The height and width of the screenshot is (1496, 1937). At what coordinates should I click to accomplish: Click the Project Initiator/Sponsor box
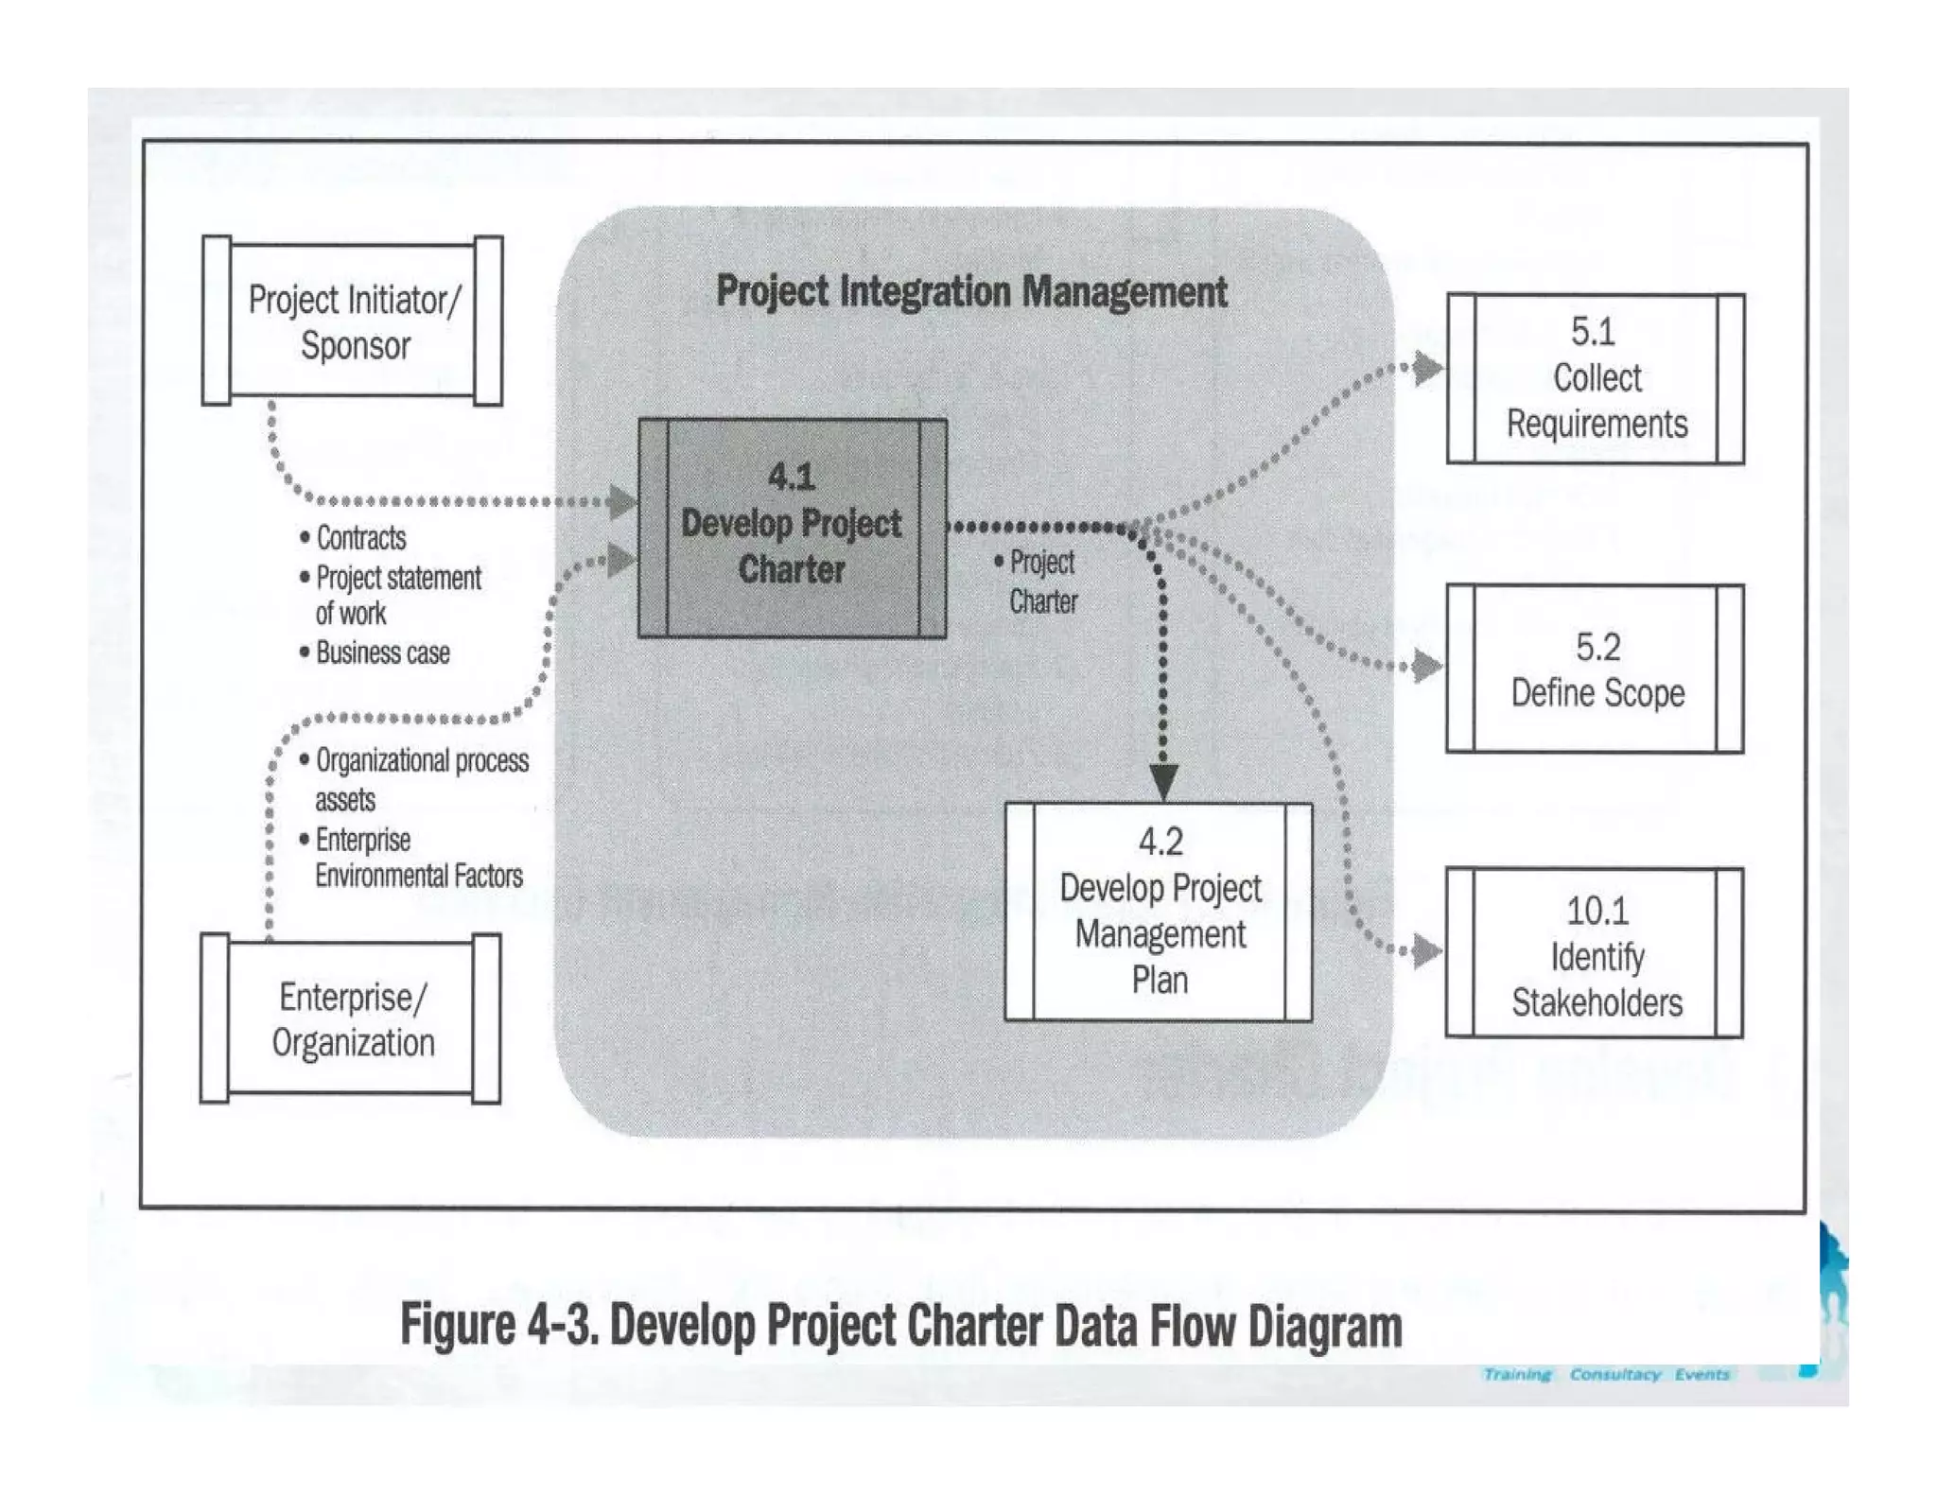353,321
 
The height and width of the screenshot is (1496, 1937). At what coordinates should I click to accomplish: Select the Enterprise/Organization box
351,1019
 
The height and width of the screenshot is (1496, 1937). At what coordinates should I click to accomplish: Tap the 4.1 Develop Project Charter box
793,526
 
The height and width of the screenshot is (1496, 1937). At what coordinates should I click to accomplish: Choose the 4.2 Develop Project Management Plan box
1160,912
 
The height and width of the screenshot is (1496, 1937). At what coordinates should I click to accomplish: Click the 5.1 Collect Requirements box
1597,378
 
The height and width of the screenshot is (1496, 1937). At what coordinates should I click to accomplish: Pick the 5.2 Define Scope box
1597,670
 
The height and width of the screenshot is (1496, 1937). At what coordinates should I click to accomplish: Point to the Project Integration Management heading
971,291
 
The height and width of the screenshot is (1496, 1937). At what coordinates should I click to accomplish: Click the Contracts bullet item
360,538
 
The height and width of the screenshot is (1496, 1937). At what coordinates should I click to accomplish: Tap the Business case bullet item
382,653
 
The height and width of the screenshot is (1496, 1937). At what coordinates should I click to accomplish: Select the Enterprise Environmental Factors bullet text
418,858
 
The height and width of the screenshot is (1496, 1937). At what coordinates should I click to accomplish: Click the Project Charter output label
1042,582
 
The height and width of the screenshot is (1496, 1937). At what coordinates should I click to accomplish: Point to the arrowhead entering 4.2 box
1163,782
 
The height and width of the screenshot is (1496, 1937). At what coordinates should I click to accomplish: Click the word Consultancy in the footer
1614,1374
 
